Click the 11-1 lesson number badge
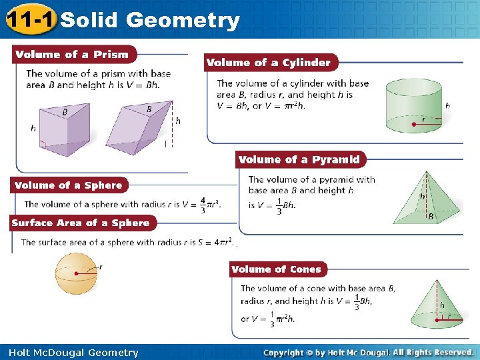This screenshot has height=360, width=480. coord(29,20)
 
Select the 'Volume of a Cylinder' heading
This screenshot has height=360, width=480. coord(269,63)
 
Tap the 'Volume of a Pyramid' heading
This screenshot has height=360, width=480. coord(299,159)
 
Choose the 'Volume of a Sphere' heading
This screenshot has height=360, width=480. coord(69,185)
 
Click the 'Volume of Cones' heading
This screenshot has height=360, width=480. coord(277,269)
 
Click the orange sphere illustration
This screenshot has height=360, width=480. coord(77,273)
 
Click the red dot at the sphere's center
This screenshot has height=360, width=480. coord(77,273)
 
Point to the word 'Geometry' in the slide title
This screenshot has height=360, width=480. coord(182,21)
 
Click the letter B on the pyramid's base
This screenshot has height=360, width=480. coord(431,217)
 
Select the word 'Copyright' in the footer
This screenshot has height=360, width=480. coord(286,353)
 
